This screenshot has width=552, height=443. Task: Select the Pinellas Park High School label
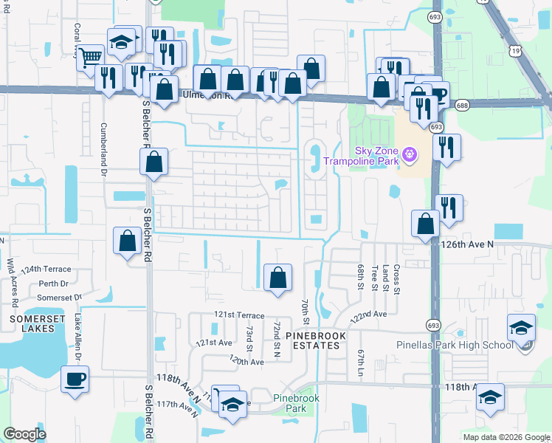click(466, 345)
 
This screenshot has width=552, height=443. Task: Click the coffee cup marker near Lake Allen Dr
click(75, 380)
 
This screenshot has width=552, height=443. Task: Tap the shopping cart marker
click(91, 55)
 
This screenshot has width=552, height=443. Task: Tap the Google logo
click(24, 434)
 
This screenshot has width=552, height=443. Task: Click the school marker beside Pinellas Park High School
click(521, 326)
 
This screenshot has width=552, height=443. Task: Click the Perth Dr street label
click(53, 284)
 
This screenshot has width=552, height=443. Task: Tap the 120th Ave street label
click(246, 362)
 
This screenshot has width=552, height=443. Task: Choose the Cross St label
click(396, 280)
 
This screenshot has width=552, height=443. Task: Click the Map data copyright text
click(506, 437)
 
